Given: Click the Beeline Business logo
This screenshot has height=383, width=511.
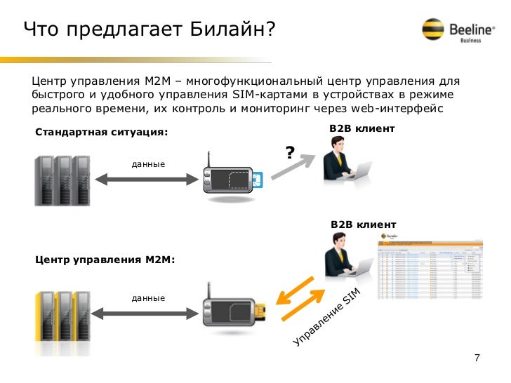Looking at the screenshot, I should coord(454,29).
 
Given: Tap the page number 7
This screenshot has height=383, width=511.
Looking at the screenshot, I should coord(477,358).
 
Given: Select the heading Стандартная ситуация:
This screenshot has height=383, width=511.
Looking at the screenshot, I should coord(102,133).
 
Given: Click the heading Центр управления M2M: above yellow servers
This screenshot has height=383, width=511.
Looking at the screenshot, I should coord(105,260).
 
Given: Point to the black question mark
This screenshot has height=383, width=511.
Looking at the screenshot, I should coord(288,152).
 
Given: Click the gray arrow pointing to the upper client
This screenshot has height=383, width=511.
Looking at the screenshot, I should coord(291,168).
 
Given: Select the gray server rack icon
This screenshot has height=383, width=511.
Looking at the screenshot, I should coord(61,179).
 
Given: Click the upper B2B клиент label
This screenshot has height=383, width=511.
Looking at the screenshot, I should coord(361,129).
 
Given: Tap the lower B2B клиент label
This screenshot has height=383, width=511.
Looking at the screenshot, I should coord(363,224).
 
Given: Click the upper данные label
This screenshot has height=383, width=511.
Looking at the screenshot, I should coord(148,164).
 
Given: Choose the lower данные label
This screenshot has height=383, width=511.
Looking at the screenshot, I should coord(148,298).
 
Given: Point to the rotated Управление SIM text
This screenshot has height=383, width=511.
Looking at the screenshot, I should coord(326,320).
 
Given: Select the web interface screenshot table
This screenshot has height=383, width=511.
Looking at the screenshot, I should coord(430,270).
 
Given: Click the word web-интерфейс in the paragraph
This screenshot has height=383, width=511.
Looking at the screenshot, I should coord(407,109).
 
